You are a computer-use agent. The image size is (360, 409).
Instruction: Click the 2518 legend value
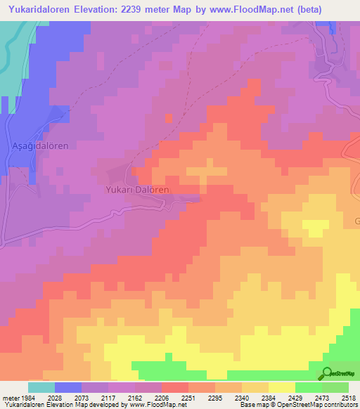[347, 398]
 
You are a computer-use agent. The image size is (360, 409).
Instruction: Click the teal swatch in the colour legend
[41, 387]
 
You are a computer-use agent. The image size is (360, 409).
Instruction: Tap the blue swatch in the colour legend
[67, 387]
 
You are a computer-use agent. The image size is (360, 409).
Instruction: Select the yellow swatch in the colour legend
[281, 387]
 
